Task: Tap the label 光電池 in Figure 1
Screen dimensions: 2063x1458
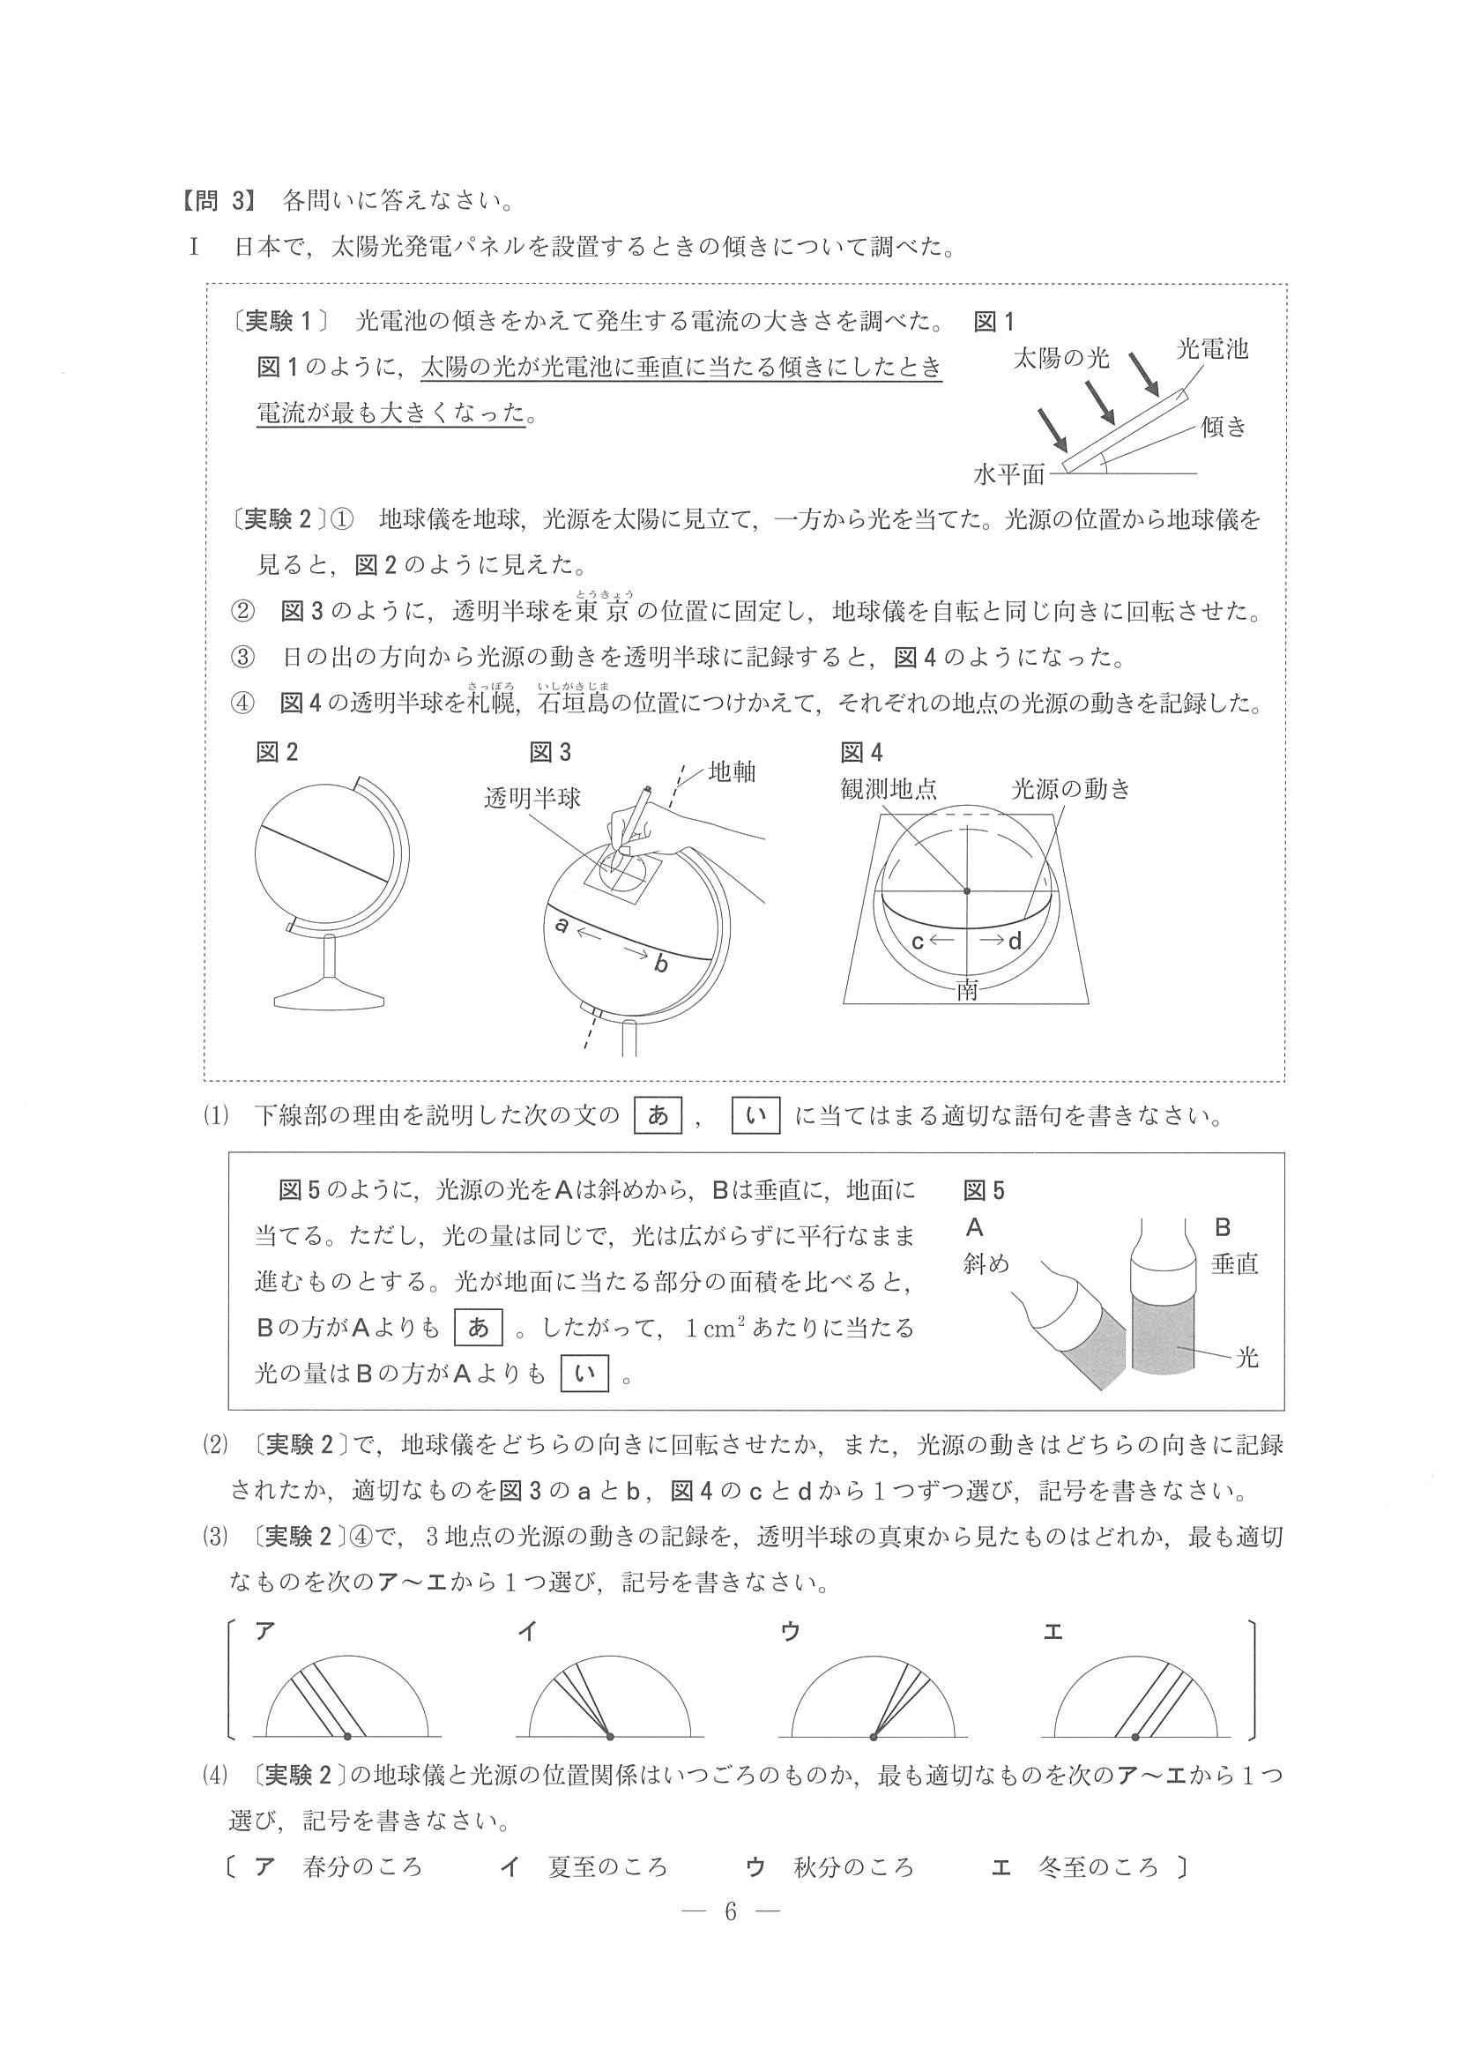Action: [1212, 348]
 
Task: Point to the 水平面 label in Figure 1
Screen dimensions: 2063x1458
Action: [1008, 473]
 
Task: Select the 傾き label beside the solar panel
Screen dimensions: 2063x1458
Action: [1224, 426]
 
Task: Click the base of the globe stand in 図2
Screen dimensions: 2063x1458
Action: [331, 996]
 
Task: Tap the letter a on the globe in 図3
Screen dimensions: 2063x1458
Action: [562, 923]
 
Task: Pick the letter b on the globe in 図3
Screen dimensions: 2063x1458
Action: [661, 964]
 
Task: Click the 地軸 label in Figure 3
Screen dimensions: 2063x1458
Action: [733, 771]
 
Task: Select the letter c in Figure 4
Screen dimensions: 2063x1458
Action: [918, 941]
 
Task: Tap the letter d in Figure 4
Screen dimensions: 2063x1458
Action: [1015, 941]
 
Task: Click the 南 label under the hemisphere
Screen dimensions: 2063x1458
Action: [968, 990]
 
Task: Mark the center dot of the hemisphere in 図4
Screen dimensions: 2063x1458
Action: [967, 890]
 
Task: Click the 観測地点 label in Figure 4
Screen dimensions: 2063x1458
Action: [889, 789]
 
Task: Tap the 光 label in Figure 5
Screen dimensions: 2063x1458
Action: [1248, 1358]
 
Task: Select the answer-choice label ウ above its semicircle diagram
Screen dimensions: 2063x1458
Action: [791, 1631]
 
